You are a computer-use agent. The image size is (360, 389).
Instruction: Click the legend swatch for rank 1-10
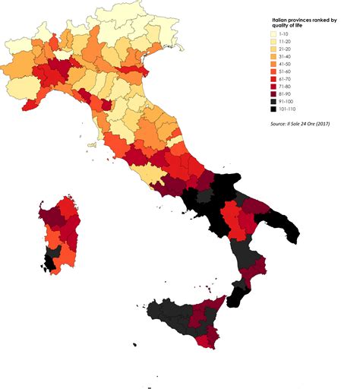[274, 34]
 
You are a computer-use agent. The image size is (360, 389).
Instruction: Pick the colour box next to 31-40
[274, 57]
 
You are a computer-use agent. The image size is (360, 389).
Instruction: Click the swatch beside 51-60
[274, 72]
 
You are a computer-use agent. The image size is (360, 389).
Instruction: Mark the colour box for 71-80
[274, 87]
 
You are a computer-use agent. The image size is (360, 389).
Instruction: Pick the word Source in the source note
[279, 122]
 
